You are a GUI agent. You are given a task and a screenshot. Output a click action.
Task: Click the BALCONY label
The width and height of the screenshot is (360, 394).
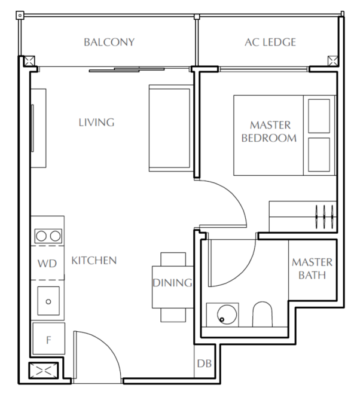pos(109,42)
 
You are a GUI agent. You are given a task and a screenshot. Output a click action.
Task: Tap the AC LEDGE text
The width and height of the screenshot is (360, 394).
pos(270,42)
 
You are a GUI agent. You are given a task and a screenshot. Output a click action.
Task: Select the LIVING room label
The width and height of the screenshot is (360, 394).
pos(96,123)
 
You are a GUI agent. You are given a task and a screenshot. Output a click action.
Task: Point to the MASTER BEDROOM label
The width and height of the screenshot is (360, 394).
pos(269,132)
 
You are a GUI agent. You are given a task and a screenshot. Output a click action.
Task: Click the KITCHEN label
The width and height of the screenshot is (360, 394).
pos(94,261)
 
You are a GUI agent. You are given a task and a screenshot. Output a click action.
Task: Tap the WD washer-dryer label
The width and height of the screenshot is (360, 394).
pos(47,264)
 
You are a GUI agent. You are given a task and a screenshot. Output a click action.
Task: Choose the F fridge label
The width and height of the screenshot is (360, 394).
pos(48,340)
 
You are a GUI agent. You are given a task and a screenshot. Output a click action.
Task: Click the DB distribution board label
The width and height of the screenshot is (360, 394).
pos(204,364)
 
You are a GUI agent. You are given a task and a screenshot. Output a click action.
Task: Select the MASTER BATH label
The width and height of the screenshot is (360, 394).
pos(312,268)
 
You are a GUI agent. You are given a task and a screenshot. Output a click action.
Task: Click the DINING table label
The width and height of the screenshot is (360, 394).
pos(172,283)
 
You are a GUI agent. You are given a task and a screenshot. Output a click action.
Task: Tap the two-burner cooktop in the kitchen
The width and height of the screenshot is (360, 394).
pos(48,236)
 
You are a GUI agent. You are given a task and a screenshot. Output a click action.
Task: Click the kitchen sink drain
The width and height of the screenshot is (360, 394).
pos(48,301)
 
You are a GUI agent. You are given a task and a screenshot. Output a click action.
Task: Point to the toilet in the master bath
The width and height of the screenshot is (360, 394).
pos(262,314)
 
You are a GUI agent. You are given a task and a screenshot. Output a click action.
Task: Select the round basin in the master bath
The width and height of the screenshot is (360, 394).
pos(227,314)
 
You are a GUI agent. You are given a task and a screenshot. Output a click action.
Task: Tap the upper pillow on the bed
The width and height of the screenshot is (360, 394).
pos(319,116)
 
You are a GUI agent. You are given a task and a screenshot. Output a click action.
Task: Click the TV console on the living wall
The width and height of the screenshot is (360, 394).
pos(38,128)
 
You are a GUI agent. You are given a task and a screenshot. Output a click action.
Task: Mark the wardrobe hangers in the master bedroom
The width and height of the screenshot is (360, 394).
pos(325,216)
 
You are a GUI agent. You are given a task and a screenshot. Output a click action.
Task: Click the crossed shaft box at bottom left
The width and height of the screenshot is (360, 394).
pos(43,370)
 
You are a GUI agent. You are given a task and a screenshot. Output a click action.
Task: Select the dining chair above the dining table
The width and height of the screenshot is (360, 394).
pos(173,259)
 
